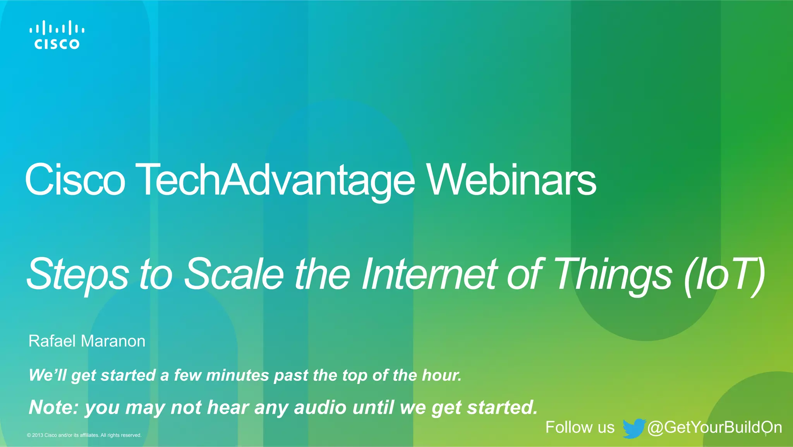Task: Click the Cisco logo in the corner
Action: coord(57,35)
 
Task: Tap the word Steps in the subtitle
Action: coord(77,274)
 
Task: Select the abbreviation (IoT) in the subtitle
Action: coord(724,274)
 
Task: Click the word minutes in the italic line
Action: coord(237,375)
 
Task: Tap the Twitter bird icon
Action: coord(633,428)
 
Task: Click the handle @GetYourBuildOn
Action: coord(714,427)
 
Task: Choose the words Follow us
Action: coord(580,427)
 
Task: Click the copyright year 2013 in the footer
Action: coord(38,435)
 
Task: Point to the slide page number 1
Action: coord(766,435)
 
